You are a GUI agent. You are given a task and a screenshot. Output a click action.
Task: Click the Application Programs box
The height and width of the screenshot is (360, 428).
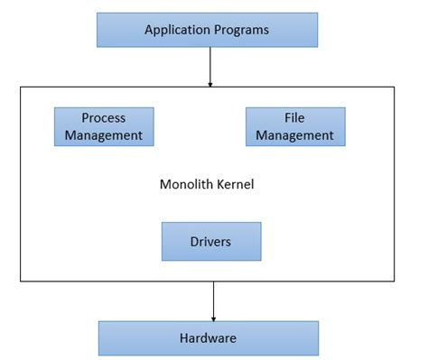pyautogui.click(x=207, y=30)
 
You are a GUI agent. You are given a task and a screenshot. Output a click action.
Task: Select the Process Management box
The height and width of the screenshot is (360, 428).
pyautogui.click(x=104, y=127)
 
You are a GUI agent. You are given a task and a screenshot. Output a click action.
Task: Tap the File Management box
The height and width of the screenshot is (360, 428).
pyautogui.click(x=294, y=127)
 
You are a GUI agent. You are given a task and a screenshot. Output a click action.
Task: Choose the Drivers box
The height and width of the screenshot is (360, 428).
pyautogui.click(x=210, y=241)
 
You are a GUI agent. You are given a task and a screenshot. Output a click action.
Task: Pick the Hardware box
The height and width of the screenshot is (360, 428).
pyautogui.click(x=208, y=338)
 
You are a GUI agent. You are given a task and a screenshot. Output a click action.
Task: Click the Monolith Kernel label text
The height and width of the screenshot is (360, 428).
pyautogui.click(x=207, y=185)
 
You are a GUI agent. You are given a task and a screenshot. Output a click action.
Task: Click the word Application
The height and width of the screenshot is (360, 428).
pyautogui.click(x=178, y=31)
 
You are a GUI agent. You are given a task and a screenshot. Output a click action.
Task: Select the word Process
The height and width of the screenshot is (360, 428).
pyautogui.click(x=104, y=118)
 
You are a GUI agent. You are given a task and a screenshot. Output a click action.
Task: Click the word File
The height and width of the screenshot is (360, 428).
pyautogui.click(x=295, y=118)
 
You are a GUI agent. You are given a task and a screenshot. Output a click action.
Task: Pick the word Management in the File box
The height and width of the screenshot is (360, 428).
pyautogui.click(x=295, y=136)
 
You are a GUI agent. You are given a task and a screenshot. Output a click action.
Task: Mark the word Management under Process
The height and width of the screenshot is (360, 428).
pyautogui.click(x=104, y=136)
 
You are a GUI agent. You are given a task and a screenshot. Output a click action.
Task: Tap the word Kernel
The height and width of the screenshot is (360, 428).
pyautogui.click(x=237, y=185)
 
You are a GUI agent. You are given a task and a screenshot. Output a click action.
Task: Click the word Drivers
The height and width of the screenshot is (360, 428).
pyautogui.click(x=210, y=242)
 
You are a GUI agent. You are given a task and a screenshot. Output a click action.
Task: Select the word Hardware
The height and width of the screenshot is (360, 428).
pyautogui.click(x=208, y=338)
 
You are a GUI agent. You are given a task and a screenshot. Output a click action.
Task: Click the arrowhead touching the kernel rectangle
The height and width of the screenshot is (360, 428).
pyautogui.click(x=209, y=84)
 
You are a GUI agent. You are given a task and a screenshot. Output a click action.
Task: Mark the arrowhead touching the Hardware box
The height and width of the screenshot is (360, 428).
pyautogui.click(x=213, y=317)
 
